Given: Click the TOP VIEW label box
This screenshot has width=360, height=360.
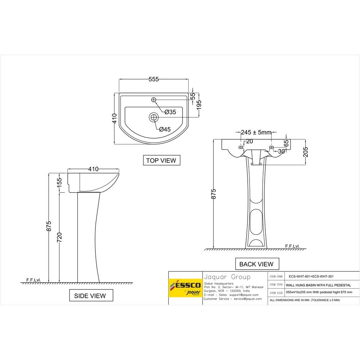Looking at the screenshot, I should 161,160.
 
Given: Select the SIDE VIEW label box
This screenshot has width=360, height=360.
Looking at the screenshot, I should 90,296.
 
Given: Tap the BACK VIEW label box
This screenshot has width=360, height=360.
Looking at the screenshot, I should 256,264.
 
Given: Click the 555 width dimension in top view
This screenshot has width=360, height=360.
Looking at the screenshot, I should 153,80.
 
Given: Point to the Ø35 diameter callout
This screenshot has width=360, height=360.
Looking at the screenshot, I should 170,112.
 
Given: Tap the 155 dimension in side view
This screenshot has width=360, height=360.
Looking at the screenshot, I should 60,182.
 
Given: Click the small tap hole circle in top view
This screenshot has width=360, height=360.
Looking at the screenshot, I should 153,99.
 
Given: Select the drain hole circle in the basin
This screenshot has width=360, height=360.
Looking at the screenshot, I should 154,117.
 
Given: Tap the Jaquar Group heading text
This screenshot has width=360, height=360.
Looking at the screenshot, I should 227,277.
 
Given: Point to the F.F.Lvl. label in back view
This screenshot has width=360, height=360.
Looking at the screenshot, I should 292,246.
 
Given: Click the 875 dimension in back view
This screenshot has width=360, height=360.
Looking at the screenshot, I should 213,194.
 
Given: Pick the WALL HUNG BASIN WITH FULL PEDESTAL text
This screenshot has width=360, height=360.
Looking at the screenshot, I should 313,284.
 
